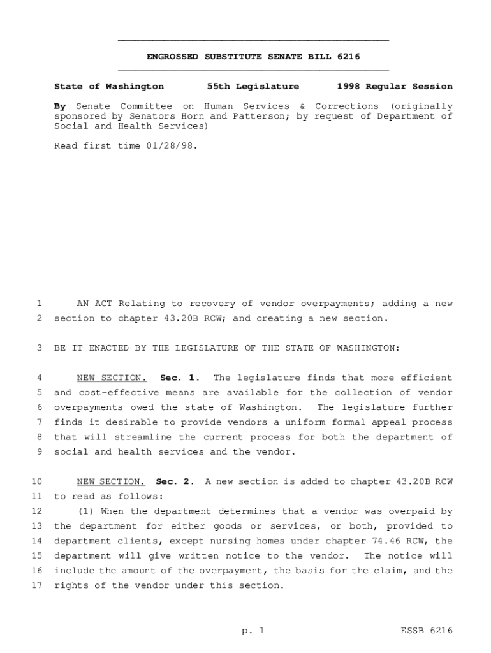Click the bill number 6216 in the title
pos(349,57)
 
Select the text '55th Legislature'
pos(253,86)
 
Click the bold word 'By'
pos(60,106)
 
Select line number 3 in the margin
pos(40,348)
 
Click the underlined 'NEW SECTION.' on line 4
pos(112,378)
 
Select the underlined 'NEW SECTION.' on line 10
pos(112,481)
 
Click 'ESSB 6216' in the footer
pos(427,631)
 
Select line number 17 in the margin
pos(36,585)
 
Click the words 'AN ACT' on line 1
pos(94,304)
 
